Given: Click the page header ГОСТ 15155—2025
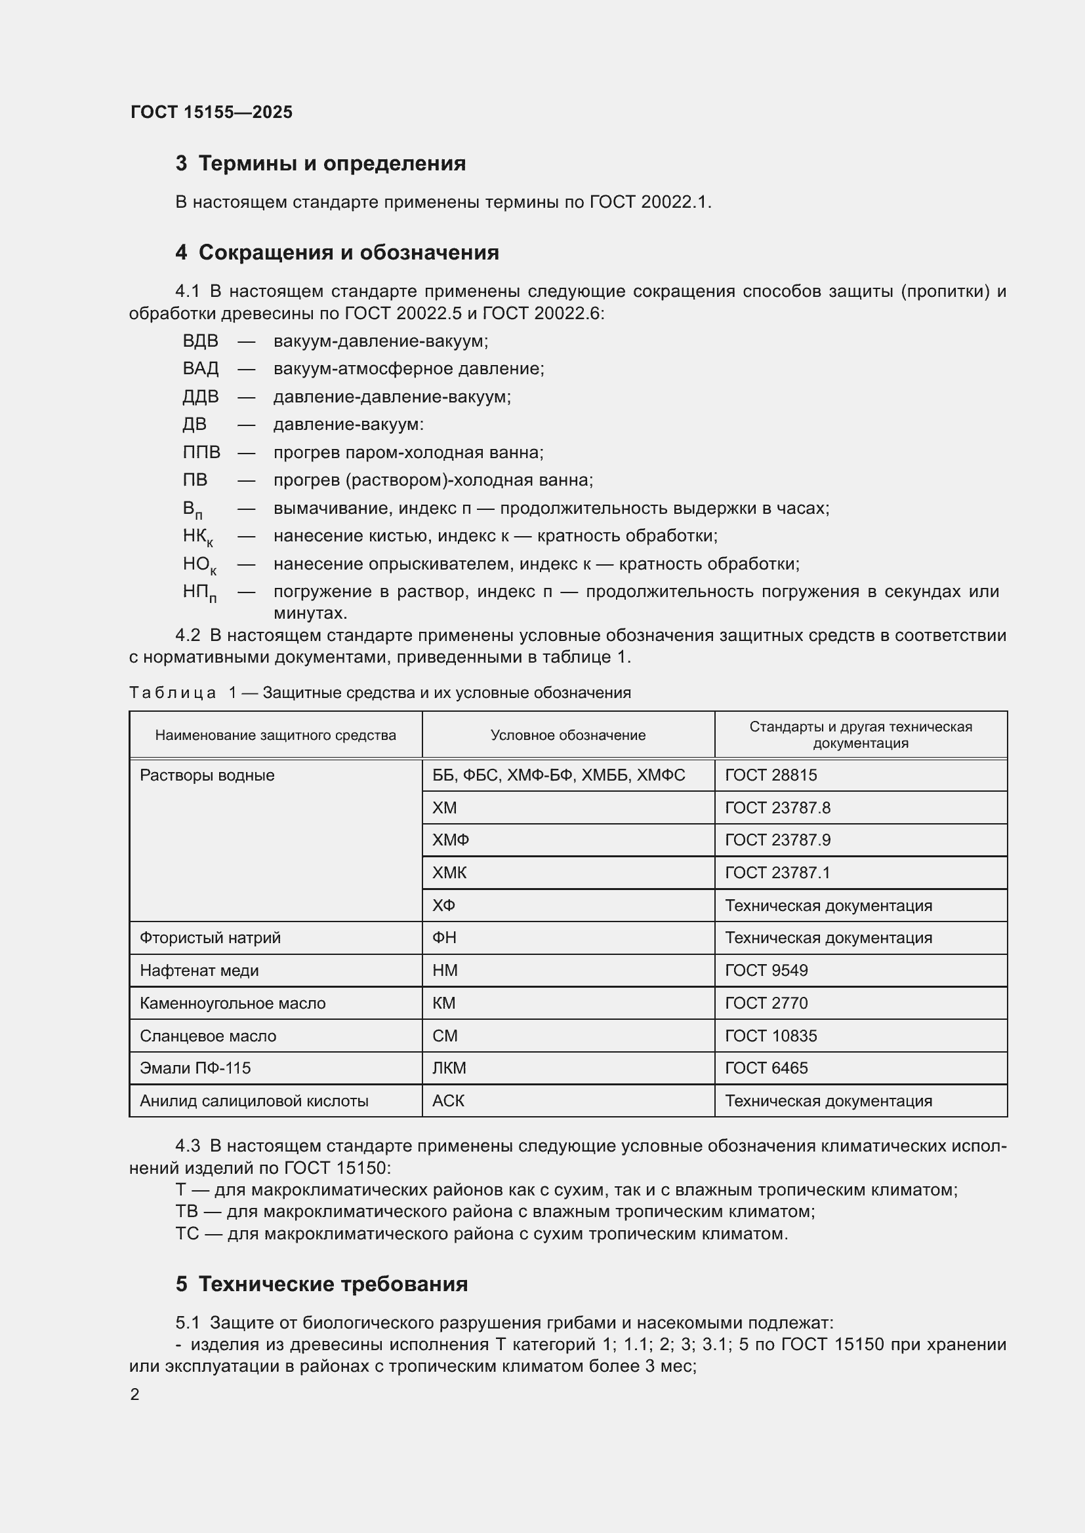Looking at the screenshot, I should [x=211, y=112].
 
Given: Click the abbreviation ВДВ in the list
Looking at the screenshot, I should [x=201, y=341].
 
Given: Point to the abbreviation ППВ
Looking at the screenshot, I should [x=201, y=453].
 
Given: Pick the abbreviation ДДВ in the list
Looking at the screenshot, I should [x=201, y=397].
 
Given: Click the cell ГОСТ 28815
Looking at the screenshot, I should [x=770, y=775].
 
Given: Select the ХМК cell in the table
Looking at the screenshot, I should [x=449, y=872].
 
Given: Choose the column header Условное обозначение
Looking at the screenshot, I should [x=568, y=735].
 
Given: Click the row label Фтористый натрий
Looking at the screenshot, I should [x=210, y=938].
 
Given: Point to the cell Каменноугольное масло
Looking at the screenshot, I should [x=232, y=1003].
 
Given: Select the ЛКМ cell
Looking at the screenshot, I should [x=449, y=1068].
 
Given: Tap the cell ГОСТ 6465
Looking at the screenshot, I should [x=766, y=1068].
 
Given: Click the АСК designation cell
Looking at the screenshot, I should [x=447, y=1101].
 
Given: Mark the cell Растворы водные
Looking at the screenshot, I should [x=207, y=775].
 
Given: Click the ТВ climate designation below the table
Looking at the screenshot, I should [x=186, y=1211].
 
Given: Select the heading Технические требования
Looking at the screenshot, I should [x=333, y=1284].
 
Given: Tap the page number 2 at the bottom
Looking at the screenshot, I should [x=135, y=1394].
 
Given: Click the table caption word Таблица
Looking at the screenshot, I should [x=173, y=693].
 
